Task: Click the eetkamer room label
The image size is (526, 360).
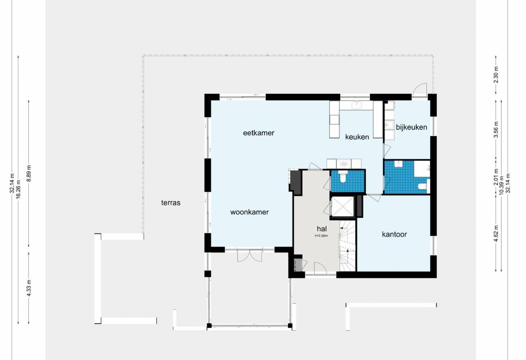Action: tap(259, 133)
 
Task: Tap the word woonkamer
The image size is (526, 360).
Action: tap(249, 212)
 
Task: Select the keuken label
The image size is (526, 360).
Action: tap(357, 137)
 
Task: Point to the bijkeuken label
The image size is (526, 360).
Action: tap(411, 127)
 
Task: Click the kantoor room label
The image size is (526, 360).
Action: tap(394, 234)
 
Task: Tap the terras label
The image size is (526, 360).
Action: tap(171, 203)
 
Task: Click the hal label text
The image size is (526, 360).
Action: tap(322, 229)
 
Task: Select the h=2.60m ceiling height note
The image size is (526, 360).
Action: tap(321, 236)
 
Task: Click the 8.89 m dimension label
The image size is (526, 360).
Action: tap(29, 174)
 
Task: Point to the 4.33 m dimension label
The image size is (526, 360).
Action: tap(29, 288)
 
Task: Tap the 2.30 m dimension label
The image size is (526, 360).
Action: tap(496, 74)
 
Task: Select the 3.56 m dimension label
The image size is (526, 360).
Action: tap(496, 130)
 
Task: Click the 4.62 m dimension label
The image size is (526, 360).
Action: tap(496, 233)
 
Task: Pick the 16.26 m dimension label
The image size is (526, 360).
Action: tap(18, 189)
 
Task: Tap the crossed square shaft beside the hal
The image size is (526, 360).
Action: tap(342, 207)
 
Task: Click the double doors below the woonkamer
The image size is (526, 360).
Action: tap(249, 255)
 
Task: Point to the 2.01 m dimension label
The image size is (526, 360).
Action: tap(496, 177)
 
